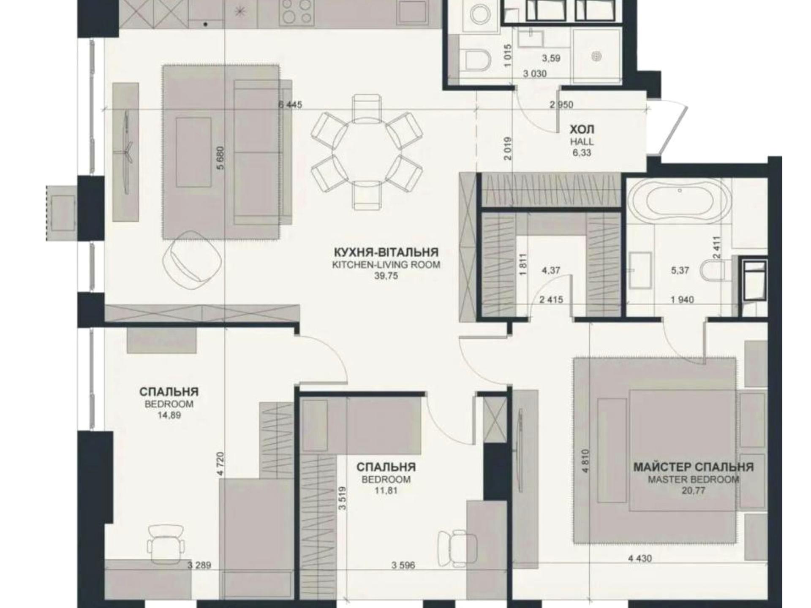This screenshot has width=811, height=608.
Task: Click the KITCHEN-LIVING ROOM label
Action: point(386,265)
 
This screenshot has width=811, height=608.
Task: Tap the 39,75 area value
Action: point(386,276)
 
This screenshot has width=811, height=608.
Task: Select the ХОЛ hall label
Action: point(582,129)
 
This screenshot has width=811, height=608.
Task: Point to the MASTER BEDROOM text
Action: point(694,480)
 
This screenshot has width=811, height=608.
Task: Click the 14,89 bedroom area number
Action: point(169,415)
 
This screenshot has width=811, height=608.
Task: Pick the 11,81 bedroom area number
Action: point(386,491)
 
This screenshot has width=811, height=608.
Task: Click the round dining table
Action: point(366,152)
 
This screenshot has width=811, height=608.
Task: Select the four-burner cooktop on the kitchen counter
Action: point(296,11)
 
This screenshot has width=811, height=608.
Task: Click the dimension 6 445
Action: point(290,104)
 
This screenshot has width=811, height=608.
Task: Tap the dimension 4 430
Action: point(640,559)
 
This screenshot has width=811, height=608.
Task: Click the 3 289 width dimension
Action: point(199,565)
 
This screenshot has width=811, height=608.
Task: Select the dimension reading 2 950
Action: point(561,104)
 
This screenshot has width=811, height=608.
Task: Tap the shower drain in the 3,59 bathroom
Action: point(596,56)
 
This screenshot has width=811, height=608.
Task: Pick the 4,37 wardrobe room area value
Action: point(551,270)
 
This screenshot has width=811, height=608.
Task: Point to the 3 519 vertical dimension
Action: point(342,498)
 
